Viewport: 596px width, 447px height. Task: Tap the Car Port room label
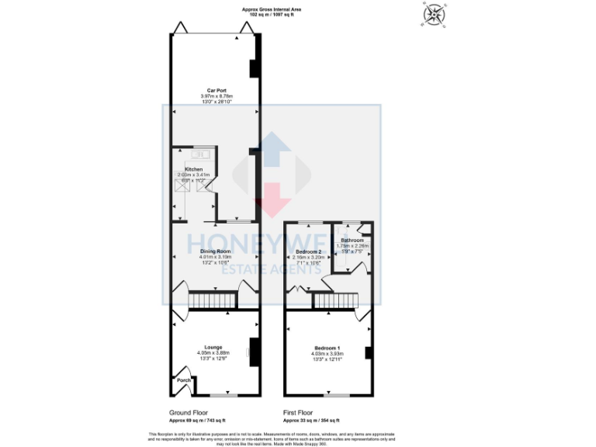point(216,90)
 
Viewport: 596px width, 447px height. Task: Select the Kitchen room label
point(194,168)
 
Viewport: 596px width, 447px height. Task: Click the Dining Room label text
point(214,251)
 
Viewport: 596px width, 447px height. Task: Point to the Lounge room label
point(213,347)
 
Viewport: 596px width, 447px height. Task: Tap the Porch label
point(183,380)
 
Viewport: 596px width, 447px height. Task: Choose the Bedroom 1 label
point(327,347)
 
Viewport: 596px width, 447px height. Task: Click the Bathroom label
point(352,241)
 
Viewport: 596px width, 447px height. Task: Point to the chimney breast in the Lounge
point(252,350)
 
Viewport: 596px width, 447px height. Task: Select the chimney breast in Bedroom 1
point(369,353)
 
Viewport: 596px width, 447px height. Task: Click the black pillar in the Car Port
point(253,69)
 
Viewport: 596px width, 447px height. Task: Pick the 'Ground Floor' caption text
point(189,412)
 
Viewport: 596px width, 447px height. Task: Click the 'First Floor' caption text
point(300,412)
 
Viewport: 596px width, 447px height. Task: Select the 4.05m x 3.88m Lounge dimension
point(213,352)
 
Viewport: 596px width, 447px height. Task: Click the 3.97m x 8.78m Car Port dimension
point(216,95)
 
